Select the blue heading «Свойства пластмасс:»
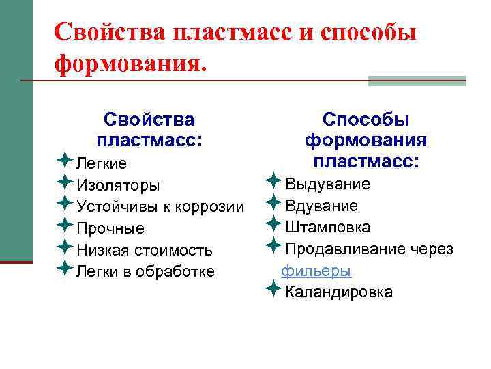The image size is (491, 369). [x=149, y=130]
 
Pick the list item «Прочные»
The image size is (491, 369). [x=110, y=228]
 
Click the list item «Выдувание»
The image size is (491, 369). [x=327, y=184]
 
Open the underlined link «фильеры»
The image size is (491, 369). [x=316, y=271]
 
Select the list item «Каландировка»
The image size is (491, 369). [x=338, y=292]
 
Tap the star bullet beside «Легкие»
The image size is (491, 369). [x=64, y=162]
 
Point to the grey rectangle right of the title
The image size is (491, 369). [x=417, y=81]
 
